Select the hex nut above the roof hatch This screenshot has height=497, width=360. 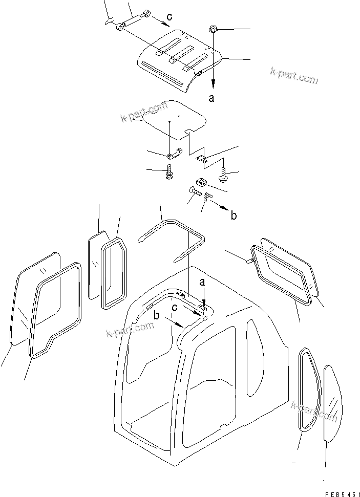coord(214,30)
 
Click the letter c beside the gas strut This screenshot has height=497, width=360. coord(170,17)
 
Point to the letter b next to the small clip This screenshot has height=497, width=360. coord(234,216)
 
